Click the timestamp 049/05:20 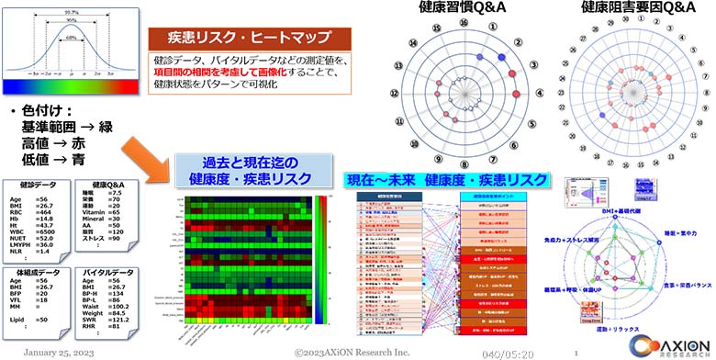point(507,352)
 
